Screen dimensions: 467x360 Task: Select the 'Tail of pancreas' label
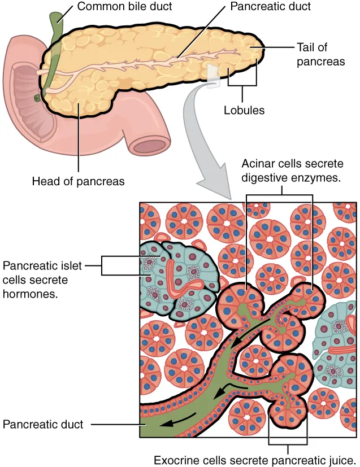pyautogui.click(x=320, y=54)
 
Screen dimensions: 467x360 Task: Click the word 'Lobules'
pyautogui.click(x=244, y=110)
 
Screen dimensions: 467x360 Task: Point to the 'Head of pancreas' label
pyautogui.click(x=78, y=181)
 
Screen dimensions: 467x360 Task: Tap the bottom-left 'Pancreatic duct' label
pyautogui.click(x=43, y=424)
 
